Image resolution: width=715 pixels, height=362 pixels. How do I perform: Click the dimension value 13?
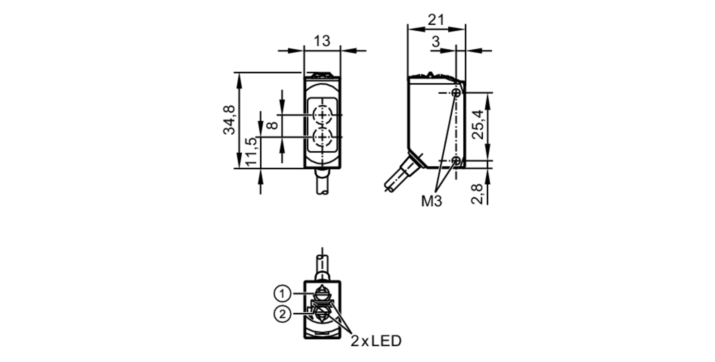(322, 41)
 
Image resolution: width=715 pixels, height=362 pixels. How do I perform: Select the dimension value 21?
(436, 20)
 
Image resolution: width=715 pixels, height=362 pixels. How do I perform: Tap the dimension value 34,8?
(229, 120)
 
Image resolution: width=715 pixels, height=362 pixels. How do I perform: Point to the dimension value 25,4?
(478, 125)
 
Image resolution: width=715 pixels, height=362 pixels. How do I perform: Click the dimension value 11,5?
(251, 151)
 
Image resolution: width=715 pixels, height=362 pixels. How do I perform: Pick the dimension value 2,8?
(477, 194)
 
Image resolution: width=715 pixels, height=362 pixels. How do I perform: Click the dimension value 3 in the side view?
(435, 42)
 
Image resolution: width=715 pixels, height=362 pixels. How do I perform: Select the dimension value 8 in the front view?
(273, 125)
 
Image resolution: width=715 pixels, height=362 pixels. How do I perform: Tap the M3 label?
(432, 201)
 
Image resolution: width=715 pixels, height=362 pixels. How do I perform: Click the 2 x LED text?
(376, 341)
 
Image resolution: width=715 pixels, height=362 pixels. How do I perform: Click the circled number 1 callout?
(282, 294)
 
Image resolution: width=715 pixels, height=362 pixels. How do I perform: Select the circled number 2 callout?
(282, 314)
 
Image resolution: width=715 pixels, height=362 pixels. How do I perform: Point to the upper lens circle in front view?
(323, 115)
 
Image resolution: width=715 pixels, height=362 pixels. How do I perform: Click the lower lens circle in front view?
(323, 137)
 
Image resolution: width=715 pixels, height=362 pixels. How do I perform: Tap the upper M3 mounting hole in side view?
(456, 93)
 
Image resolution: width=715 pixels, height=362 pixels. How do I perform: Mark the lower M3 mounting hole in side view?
(456, 161)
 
